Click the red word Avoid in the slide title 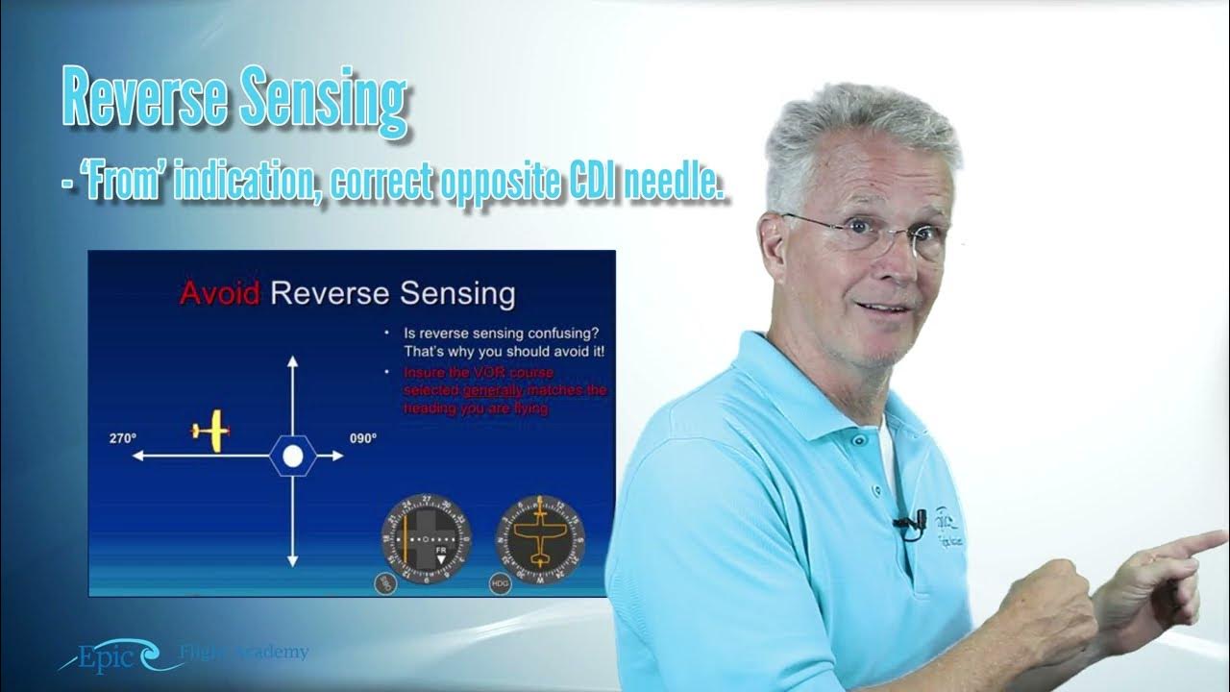click(x=218, y=294)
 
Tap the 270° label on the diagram click(x=123, y=438)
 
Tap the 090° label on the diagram click(x=362, y=438)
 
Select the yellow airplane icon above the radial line click(x=211, y=431)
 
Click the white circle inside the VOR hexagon click(x=293, y=456)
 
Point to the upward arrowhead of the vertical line click(x=293, y=360)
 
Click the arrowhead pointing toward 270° click(x=138, y=456)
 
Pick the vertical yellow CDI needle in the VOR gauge click(x=407, y=538)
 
